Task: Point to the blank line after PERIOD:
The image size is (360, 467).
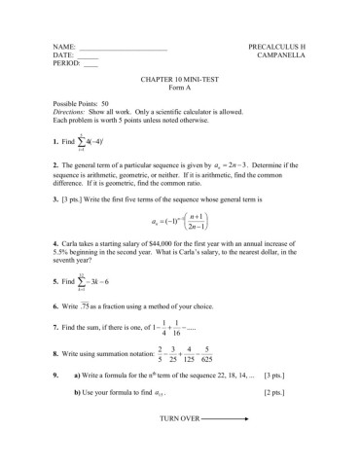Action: click(90, 67)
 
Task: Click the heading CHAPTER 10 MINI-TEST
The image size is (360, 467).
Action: click(180, 84)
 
